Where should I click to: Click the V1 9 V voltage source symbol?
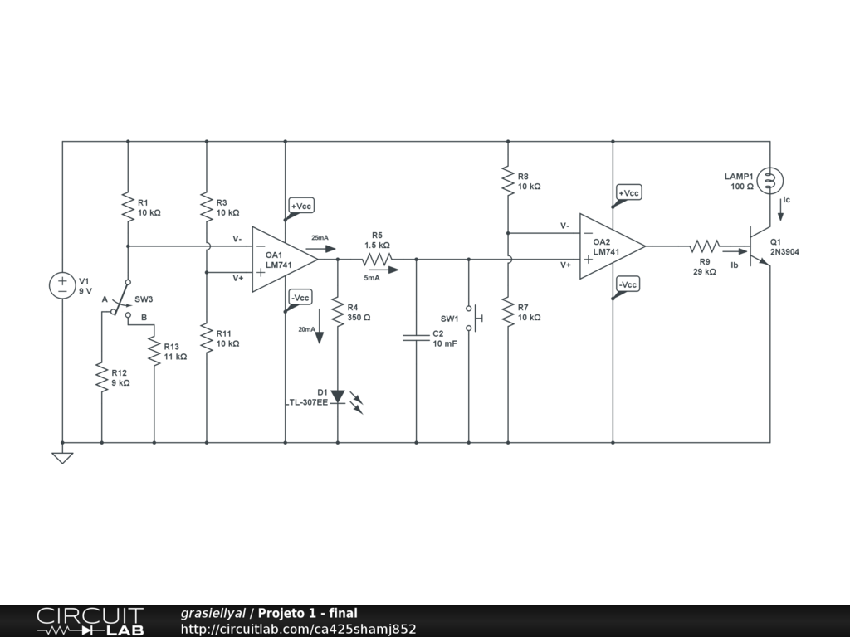point(62,286)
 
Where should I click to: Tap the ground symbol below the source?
point(62,456)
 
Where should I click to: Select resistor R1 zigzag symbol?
point(128,207)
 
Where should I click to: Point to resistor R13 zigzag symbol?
point(154,351)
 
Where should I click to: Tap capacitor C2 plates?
point(416,338)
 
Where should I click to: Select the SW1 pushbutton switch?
point(472,318)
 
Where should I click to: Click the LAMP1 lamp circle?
point(770,180)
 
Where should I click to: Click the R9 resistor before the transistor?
point(704,246)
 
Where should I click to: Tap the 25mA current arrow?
point(315,248)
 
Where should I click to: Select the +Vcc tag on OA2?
point(628,193)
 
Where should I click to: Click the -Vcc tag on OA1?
point(300,298)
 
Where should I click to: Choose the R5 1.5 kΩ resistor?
point(377,260)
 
